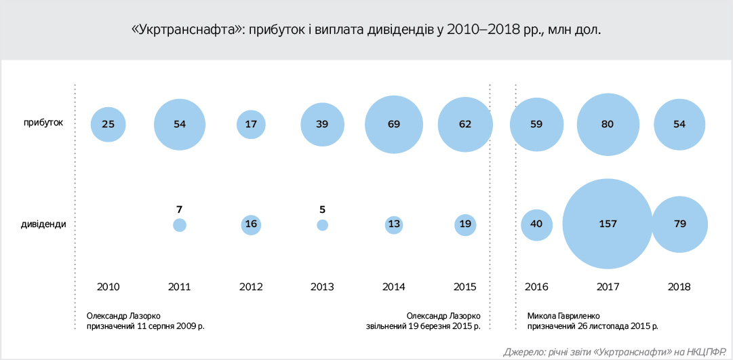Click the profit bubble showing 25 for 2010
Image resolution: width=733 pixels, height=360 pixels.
(108, 124)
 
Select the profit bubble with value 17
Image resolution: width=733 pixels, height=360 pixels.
(251, 124)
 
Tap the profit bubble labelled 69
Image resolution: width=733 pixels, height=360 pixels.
(394, 124)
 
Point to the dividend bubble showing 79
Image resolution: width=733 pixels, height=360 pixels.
(680, 224)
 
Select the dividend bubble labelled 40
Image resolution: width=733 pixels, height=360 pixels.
(537, 224)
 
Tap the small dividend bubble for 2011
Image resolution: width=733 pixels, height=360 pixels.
(180, 225)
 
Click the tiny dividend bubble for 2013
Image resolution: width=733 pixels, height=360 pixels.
(323, 225)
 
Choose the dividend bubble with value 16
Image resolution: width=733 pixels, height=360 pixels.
(251, 225)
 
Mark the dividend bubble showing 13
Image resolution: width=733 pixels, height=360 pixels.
(394, 225)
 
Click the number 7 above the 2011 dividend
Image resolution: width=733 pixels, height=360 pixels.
(180, 209)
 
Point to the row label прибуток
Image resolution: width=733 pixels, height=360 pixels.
(44, 123)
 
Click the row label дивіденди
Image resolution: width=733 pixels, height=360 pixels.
(42, 224)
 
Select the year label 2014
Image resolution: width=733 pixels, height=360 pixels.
(394, 287)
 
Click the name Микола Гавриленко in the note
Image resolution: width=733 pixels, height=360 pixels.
(565, 315)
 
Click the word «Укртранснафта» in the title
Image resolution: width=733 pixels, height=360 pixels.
(187, 31)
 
